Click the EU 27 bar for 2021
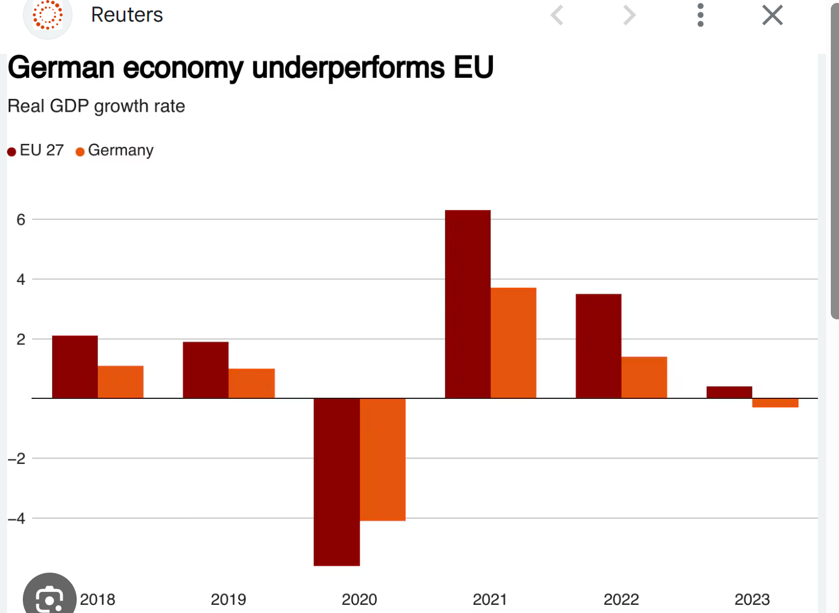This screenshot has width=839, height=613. click(x=467, y=304)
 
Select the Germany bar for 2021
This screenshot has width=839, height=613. click(x=513, y=343)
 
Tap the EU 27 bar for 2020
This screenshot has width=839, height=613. click(x=337, y=482)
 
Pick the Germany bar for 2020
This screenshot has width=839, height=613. click(x=383, y=459)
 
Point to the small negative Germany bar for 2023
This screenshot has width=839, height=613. click(x=775, y=403)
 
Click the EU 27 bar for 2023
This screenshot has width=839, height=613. click(x=729, y=392)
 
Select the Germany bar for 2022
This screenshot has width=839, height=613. click(x=644, y=377)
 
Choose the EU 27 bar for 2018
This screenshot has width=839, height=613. click(x=75, y=367)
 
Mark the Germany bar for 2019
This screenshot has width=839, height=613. click(x=252, y=383)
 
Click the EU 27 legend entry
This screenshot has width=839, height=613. click(x=36, y=151)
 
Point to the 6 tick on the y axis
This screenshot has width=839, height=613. click(x=21, y=220)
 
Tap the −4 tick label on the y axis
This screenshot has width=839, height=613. click(x=17, y=519)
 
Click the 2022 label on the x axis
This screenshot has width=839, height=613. click(x=621, y=600)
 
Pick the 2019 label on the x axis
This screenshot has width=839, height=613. click(x=228, y=600)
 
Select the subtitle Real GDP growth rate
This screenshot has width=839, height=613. click(x=97, y=106)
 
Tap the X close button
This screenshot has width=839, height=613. click(x=772, y=15)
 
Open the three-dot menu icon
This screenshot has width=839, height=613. click(x=700, y=15)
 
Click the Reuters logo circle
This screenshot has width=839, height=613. click(x=47, y=16)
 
